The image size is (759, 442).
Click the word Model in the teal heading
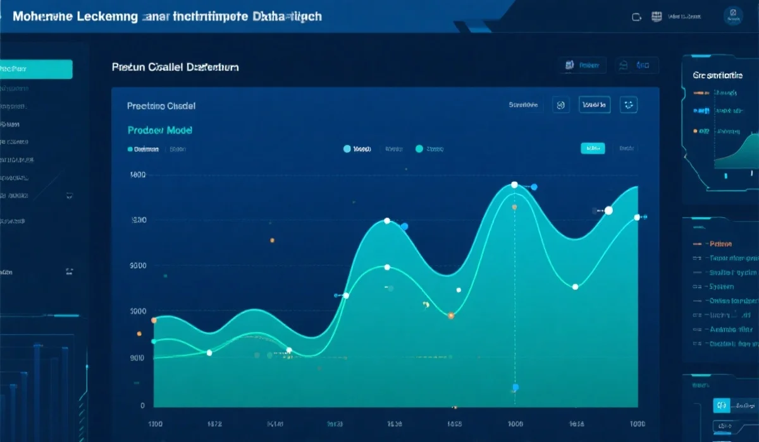pos(180,130)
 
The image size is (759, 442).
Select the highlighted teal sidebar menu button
pos(36,69)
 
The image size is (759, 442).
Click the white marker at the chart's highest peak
pos(514,184)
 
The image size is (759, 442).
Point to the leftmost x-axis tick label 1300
pos(156,424)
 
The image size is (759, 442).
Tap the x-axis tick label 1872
pos(214,424)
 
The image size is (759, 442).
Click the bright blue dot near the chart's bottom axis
pos(515,387)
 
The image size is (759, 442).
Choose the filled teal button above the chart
pos(593,148)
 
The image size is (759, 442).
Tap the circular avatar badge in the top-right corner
pos(734,15)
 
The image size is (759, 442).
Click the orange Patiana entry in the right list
pos(720,244)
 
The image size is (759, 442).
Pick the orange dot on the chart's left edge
pos(154,320)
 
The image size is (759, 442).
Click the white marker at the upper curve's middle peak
pos(387,221)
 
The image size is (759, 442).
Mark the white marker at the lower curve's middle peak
pos(387,267)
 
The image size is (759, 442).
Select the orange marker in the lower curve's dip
pos(450,315)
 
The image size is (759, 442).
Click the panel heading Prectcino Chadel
pos(161,106)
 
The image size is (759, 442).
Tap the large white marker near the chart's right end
pos(608,210)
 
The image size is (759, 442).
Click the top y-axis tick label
pos(137,175)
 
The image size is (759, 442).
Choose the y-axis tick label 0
pos(142,405)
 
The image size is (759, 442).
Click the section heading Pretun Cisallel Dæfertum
pos(175,66)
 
